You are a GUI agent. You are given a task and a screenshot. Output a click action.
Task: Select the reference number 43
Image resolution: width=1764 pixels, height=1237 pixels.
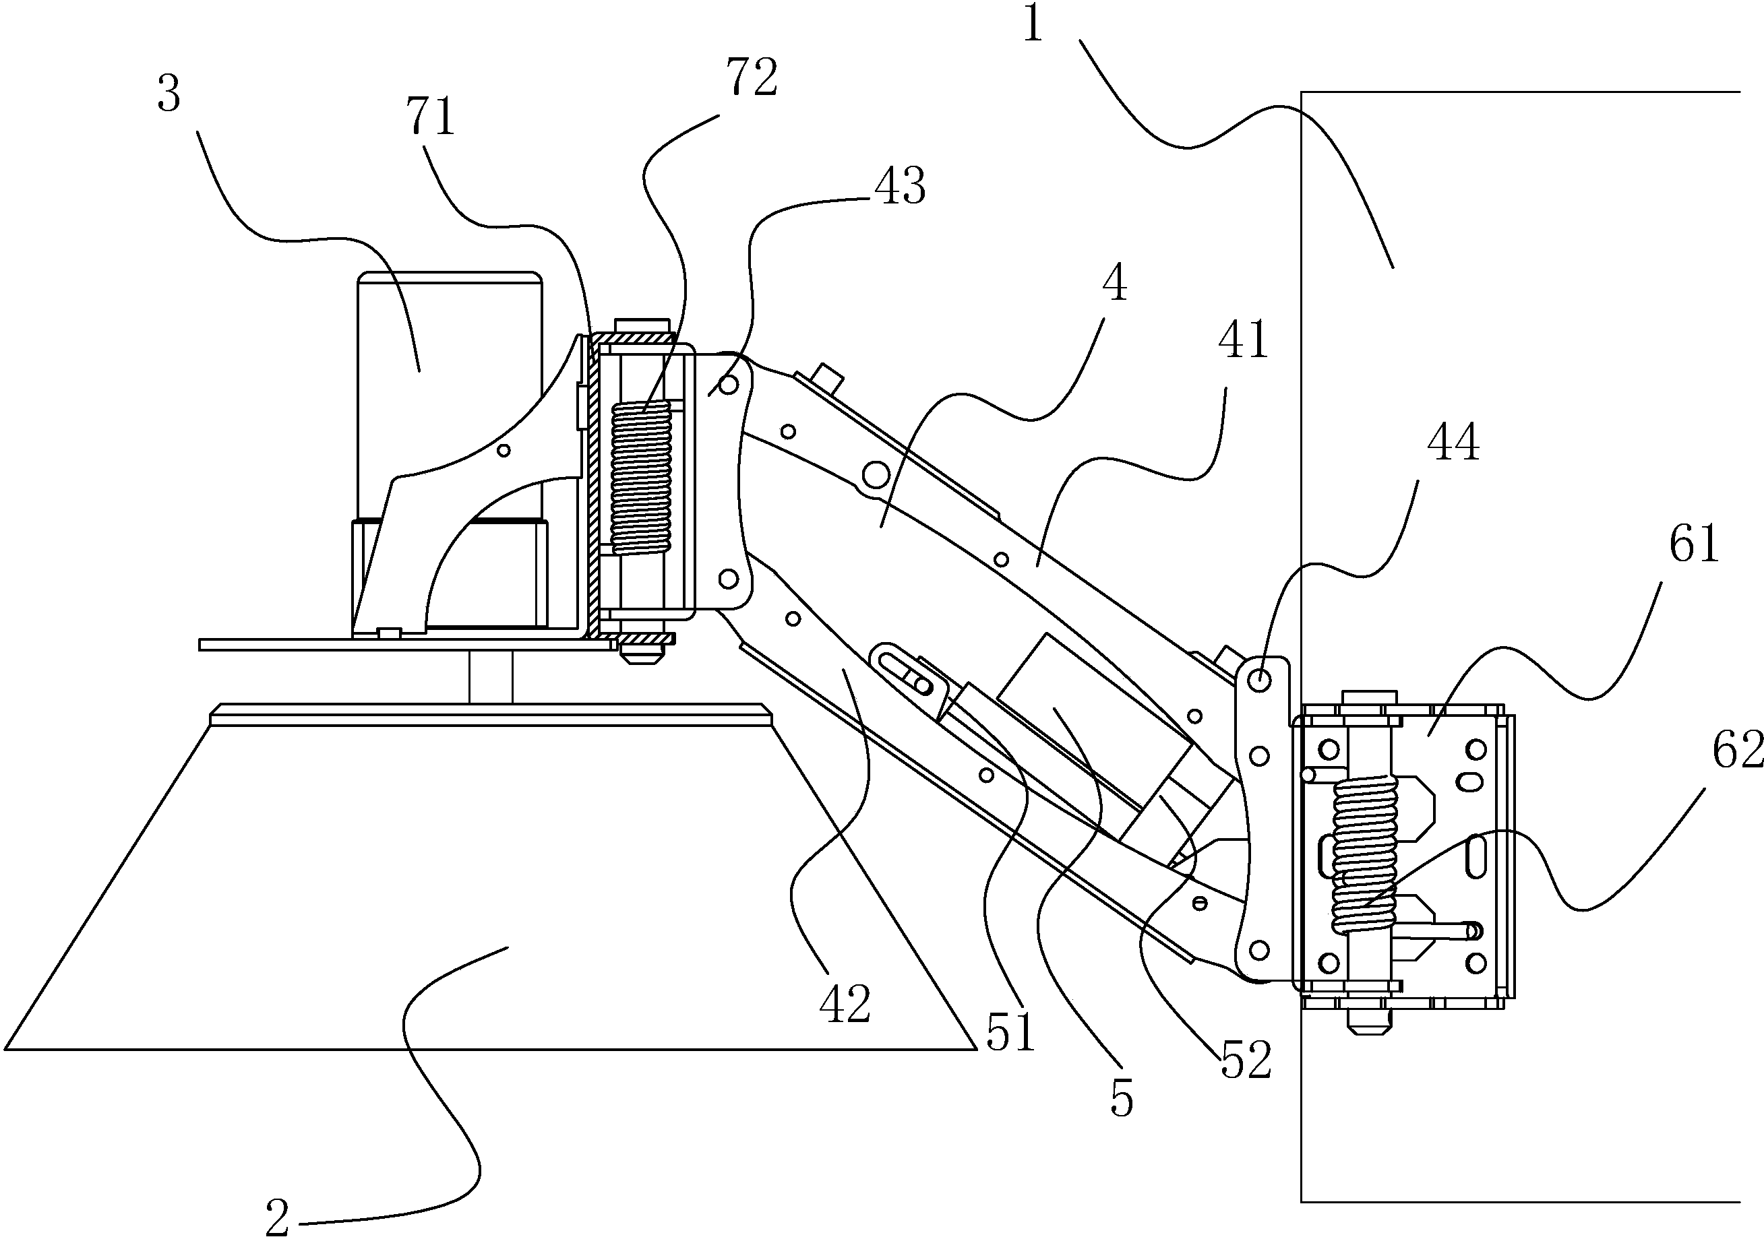pos(901,186)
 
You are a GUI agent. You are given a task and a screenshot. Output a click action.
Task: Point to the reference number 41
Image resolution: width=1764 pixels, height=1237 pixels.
pos(1243,340)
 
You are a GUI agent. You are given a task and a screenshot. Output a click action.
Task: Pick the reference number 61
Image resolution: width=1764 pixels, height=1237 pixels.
pos(1694,544)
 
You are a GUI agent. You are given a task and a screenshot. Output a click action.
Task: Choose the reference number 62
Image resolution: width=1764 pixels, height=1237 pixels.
pos(1737,749)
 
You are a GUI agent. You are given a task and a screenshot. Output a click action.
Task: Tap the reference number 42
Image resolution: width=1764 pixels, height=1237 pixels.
pos(845,1004)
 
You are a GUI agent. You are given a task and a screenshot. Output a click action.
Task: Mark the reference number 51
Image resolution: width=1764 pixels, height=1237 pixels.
pos(1011,1033)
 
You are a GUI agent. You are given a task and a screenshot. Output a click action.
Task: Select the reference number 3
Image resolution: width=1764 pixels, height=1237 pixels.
pos(169,95)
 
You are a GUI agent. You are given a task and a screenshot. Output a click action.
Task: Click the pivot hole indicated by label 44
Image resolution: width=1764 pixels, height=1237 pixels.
pos(1259,680)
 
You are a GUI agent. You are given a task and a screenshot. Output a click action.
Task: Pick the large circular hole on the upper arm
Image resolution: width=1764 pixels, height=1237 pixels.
pos(875,475)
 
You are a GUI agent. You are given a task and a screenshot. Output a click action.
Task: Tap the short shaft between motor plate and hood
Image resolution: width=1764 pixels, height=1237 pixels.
pos(491,676)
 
